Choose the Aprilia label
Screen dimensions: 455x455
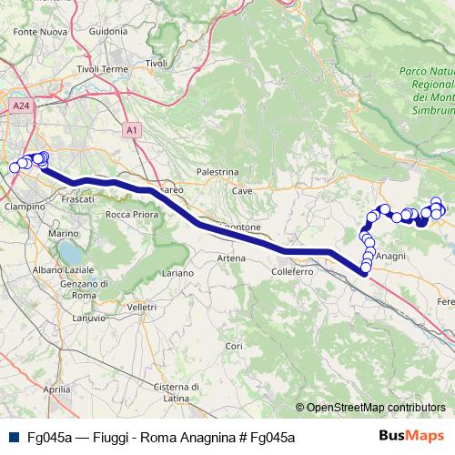click(56, 389)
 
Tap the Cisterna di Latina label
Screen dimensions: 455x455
click(177, 392)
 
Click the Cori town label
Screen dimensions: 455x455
click(234, 347)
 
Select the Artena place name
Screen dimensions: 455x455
click(231, 258)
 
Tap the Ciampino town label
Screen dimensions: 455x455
click(26, 207)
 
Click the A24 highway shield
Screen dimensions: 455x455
click(20, 106)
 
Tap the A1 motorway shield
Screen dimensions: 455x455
click(133, 130)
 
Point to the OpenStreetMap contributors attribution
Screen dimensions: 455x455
click(375, 408)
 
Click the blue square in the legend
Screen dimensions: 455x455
click(14, 437)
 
